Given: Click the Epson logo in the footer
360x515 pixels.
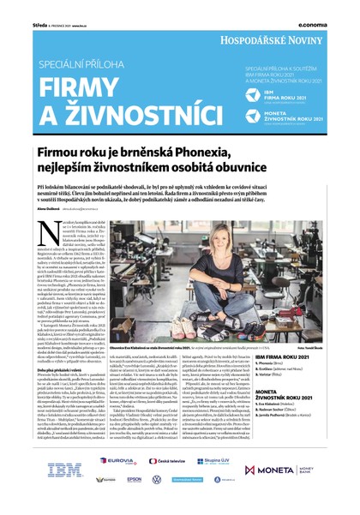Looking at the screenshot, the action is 134,480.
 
